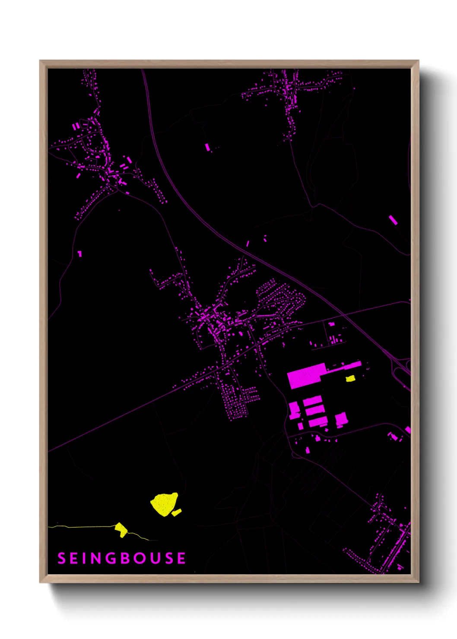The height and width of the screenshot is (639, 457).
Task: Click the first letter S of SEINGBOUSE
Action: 61,558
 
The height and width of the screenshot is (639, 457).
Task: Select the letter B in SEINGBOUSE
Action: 125,558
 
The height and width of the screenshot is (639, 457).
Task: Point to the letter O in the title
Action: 140,558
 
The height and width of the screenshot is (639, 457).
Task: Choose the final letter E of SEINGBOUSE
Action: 181,558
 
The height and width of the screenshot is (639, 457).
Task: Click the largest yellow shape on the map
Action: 164,503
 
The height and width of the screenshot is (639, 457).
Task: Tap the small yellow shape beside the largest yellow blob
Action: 176,512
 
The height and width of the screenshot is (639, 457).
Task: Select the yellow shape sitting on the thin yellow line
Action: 121,529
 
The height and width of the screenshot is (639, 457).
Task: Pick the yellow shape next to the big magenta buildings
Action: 350,379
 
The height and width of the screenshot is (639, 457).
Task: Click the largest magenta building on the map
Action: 305,376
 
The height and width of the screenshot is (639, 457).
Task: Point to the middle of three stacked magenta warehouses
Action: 314,409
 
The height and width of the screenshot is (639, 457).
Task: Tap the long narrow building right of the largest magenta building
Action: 345,367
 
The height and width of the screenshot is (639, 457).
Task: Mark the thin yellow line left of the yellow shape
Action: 82,527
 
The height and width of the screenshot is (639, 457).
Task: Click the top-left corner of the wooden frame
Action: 40,61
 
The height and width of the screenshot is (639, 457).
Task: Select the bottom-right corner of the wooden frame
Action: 418,582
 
